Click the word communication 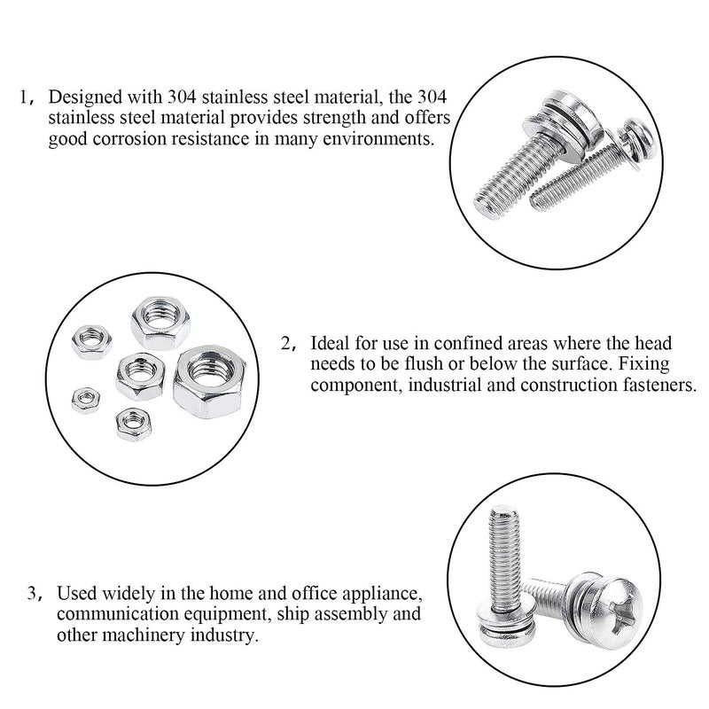(105, 614)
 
